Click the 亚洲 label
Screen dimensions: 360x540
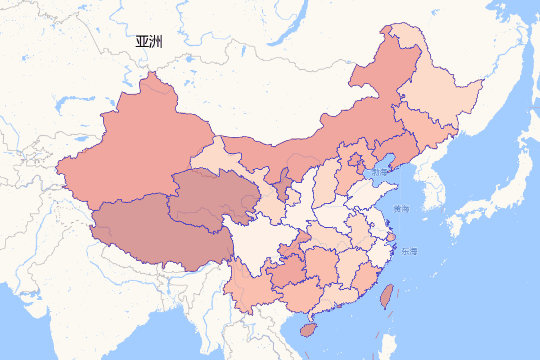click(148, 42)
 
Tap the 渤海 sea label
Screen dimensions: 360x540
click(379, 172)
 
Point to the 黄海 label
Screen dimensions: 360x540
click(401, 209)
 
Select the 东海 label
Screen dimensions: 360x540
click(409, 251)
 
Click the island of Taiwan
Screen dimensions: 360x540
click(387, 296)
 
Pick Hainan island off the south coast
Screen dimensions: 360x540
click(308, 330)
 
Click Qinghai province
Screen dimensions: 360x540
click(211, 198)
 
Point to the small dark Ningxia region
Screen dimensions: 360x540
click(283, 184)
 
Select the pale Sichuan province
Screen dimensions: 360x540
click(256, 243)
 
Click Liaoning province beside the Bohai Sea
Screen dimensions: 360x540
click(396, 144)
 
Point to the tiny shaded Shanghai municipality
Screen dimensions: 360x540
click(391, 237)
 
